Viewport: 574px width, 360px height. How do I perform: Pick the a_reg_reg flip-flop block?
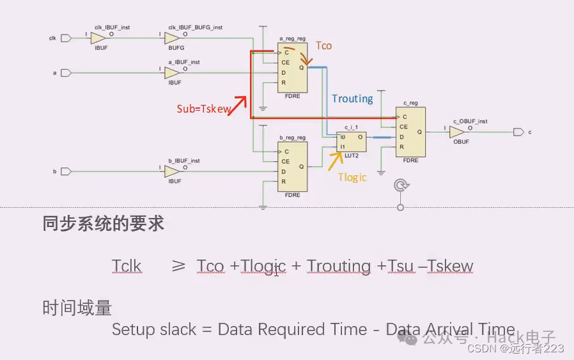(x=293, y=68)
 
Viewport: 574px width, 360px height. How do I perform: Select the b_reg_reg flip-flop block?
(x=293, y=166)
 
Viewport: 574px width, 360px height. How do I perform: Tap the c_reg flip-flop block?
(x=410, y=132)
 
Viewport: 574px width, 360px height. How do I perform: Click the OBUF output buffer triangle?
(x=456, y=132)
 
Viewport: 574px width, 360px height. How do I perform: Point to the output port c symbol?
(x=518, y=132)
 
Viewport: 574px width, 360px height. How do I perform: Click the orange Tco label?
(x=324, y=46)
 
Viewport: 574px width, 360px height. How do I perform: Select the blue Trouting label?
(x=352, y=98)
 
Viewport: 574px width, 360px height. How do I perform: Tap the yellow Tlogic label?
(x=353, y=177)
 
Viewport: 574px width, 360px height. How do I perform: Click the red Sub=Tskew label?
(x=203, y=109)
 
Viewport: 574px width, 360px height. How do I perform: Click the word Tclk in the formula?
(x=127, y=266)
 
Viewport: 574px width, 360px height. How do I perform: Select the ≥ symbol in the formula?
(x=178, y=266)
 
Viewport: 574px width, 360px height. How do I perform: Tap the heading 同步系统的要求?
(x=103, y=224)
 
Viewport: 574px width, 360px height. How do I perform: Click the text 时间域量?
(x=77, y=308)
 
